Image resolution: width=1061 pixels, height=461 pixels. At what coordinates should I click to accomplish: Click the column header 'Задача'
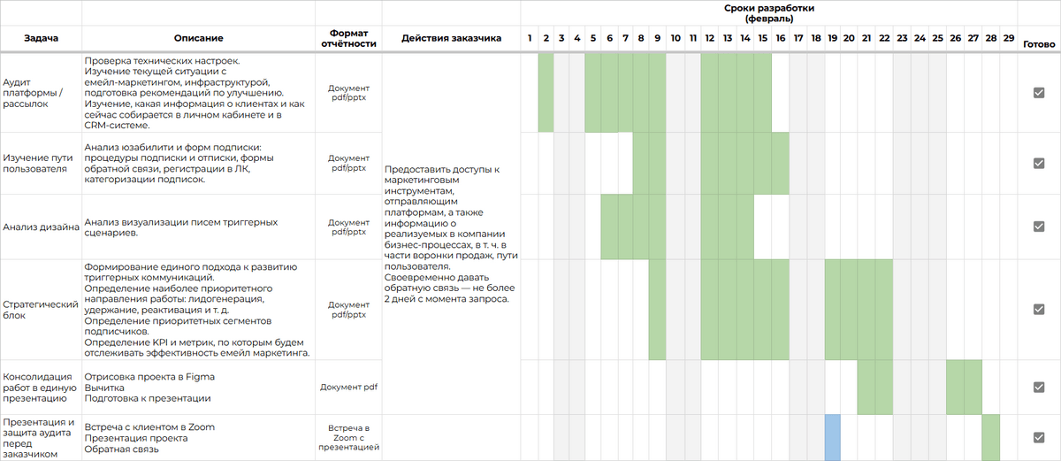42,38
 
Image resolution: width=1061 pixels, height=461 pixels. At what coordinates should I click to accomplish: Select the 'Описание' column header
198,38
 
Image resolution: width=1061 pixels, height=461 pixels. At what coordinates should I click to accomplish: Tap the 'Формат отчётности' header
348,38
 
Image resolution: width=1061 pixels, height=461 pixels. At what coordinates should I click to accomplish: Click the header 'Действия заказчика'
452,38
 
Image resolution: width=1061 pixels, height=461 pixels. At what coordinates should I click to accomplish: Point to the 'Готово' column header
1039,44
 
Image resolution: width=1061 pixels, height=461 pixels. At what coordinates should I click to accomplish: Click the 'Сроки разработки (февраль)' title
769,13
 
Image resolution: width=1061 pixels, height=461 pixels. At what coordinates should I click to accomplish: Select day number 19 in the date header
832,38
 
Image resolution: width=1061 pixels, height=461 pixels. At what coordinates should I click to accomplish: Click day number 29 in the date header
1009,38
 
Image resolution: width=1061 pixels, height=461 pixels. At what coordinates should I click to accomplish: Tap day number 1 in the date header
530,38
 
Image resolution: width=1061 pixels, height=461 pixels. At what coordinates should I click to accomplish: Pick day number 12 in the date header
709,38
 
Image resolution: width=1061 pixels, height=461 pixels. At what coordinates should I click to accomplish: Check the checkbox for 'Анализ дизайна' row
1039,227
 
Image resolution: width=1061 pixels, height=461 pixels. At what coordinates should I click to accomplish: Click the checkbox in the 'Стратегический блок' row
1039,310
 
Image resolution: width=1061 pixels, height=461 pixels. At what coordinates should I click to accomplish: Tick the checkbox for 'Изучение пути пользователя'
1039,164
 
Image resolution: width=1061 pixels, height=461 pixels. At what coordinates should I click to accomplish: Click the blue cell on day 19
833,438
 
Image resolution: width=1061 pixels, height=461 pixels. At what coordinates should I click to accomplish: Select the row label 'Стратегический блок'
41,310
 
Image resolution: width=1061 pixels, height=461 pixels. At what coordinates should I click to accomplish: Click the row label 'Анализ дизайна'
42,227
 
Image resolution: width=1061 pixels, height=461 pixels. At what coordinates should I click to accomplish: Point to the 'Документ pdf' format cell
348,387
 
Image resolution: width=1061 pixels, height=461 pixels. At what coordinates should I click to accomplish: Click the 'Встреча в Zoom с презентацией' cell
348,437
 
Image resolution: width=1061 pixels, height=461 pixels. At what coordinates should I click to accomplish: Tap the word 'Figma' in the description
200,377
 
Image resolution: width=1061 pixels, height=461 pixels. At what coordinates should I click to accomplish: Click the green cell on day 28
991,438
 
